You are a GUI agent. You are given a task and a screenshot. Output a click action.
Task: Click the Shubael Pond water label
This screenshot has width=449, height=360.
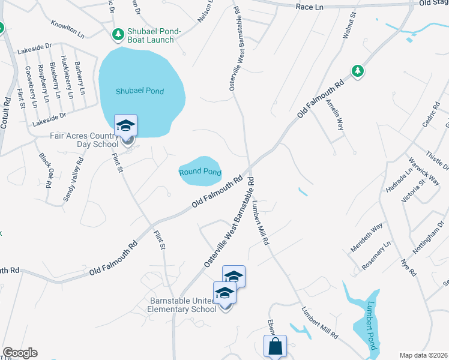pyautogui.click(x=140, y=91)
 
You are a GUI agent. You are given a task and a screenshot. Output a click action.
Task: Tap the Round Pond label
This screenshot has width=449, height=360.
pyautogui.click(x=200, y=172)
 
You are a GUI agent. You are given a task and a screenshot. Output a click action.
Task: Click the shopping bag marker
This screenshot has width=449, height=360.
pyautogui.click(x=275, y=347)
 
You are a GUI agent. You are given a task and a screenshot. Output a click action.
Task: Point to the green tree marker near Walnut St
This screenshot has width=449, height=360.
pyautogui.click(x=358, y=71)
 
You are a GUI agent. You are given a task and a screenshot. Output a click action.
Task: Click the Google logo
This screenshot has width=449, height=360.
pyautogui.click(x=20, y=353)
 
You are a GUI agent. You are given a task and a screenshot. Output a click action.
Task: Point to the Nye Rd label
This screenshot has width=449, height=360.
pyautogui.click(x=410, y=265)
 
